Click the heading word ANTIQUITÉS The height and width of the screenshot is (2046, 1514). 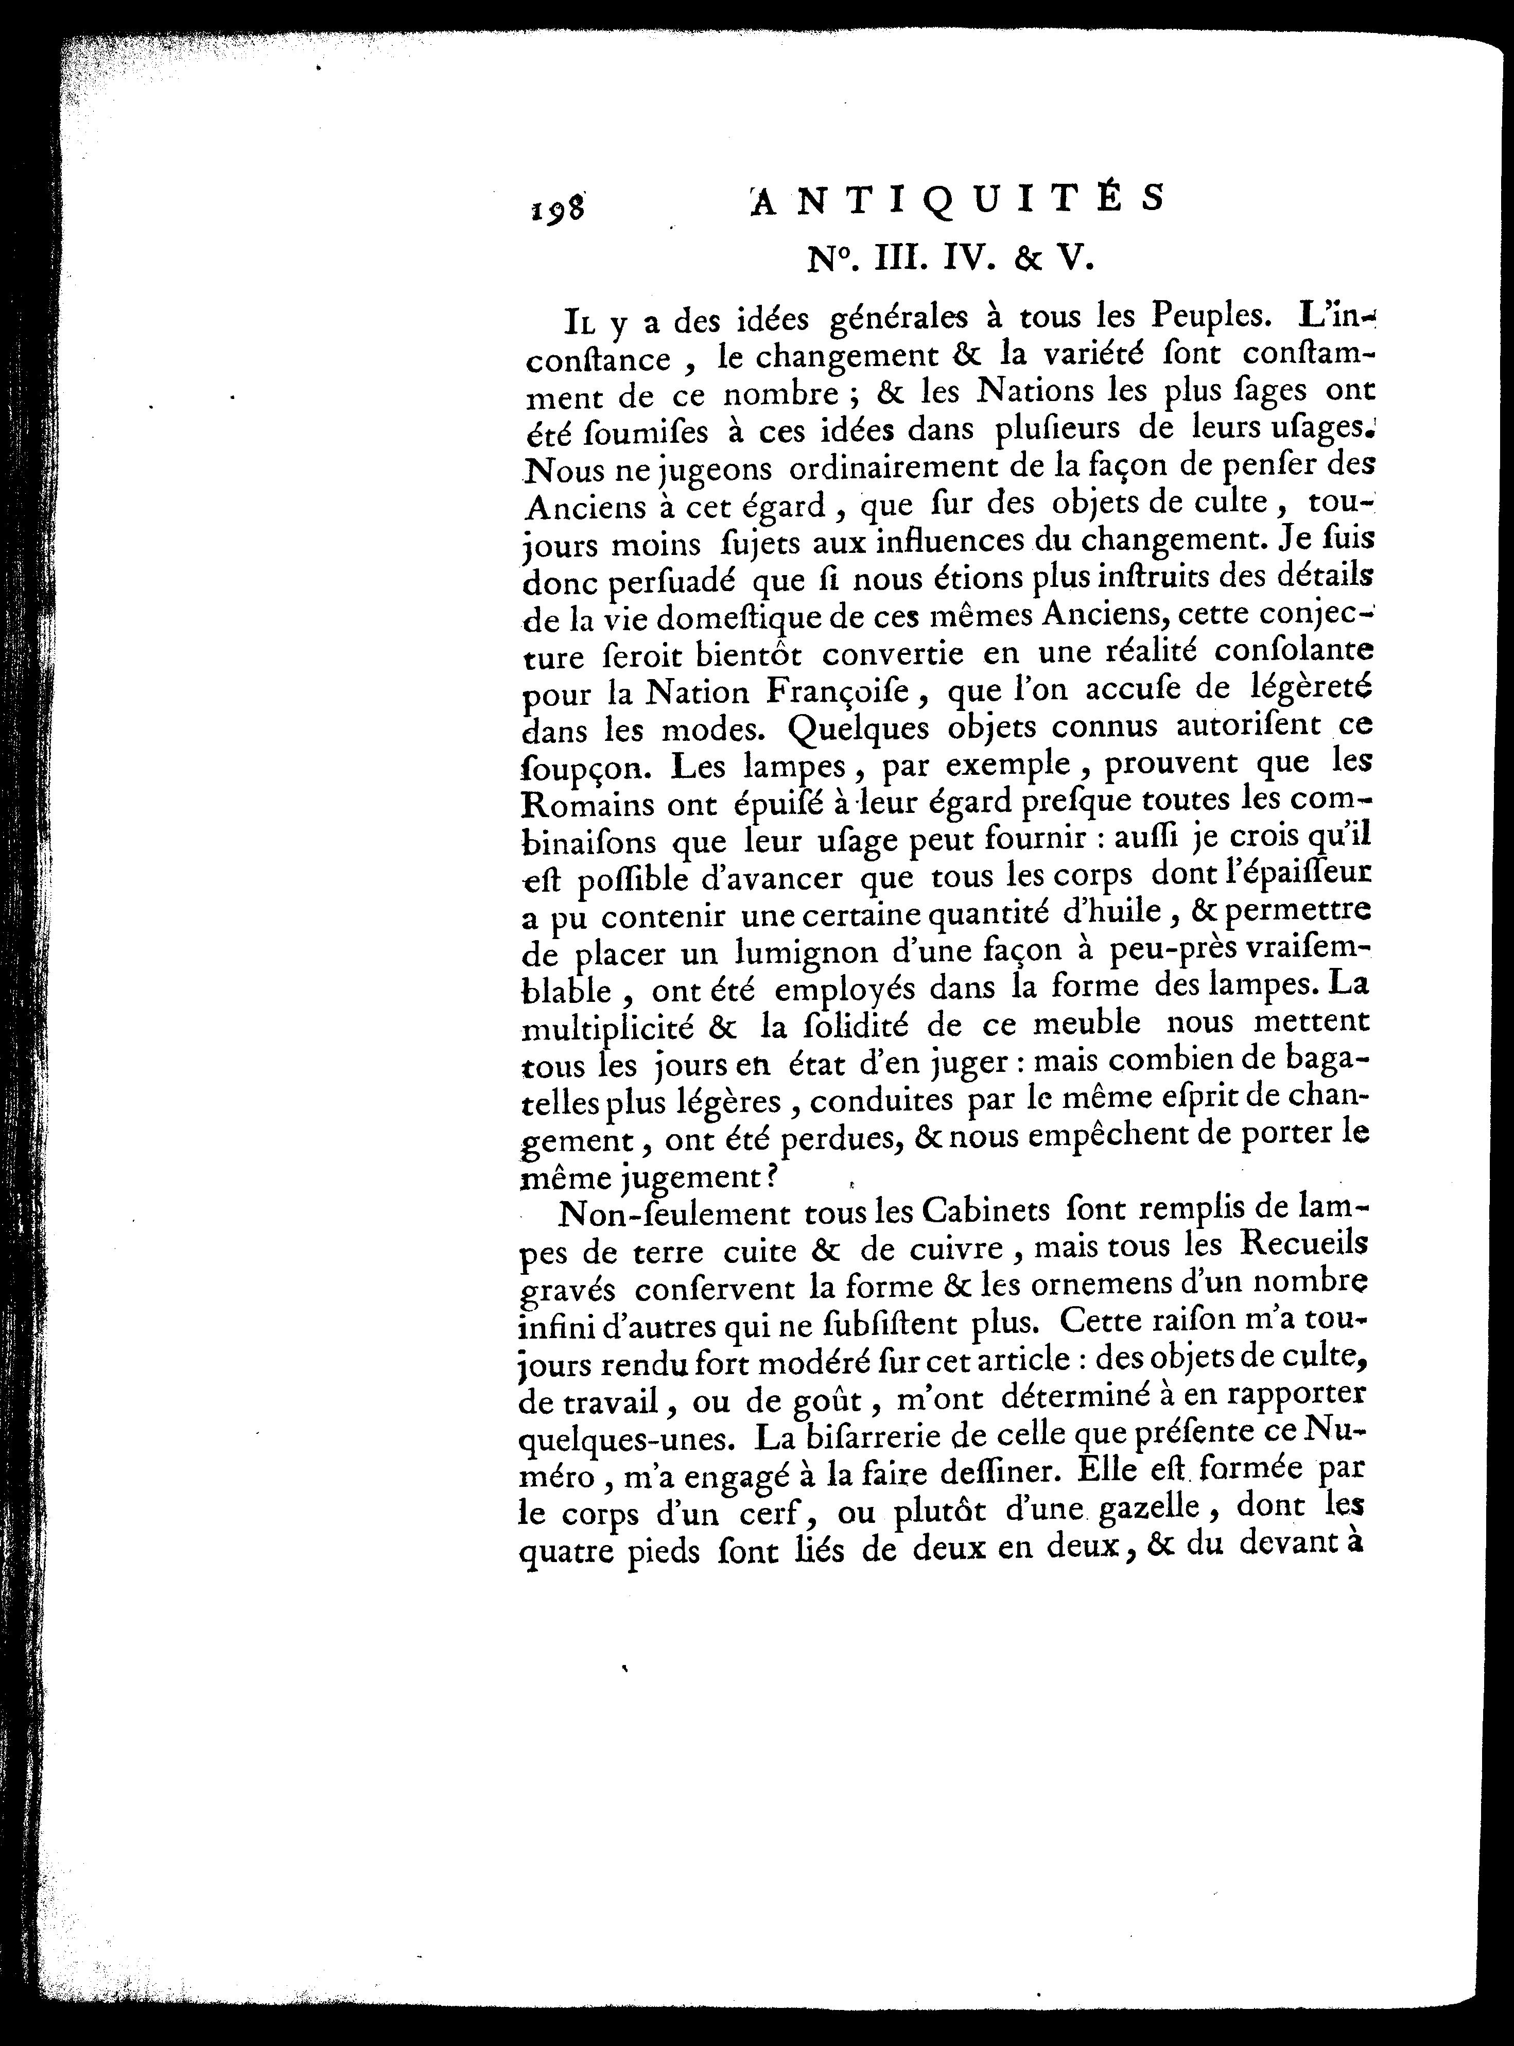click(958, 198)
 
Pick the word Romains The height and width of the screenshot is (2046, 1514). click(587, 804)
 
